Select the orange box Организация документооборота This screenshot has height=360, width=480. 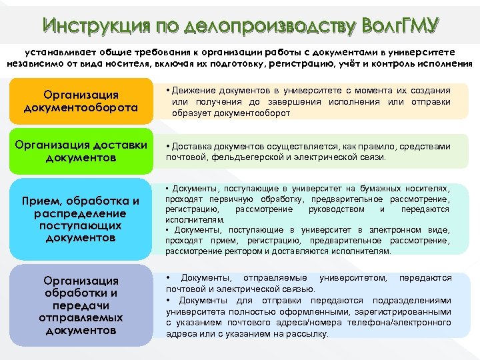pos(81,101)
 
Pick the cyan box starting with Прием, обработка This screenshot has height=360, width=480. pos(81,219)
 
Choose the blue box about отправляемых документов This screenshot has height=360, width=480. pos(81,305)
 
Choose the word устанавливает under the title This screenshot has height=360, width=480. pos(53,51)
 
